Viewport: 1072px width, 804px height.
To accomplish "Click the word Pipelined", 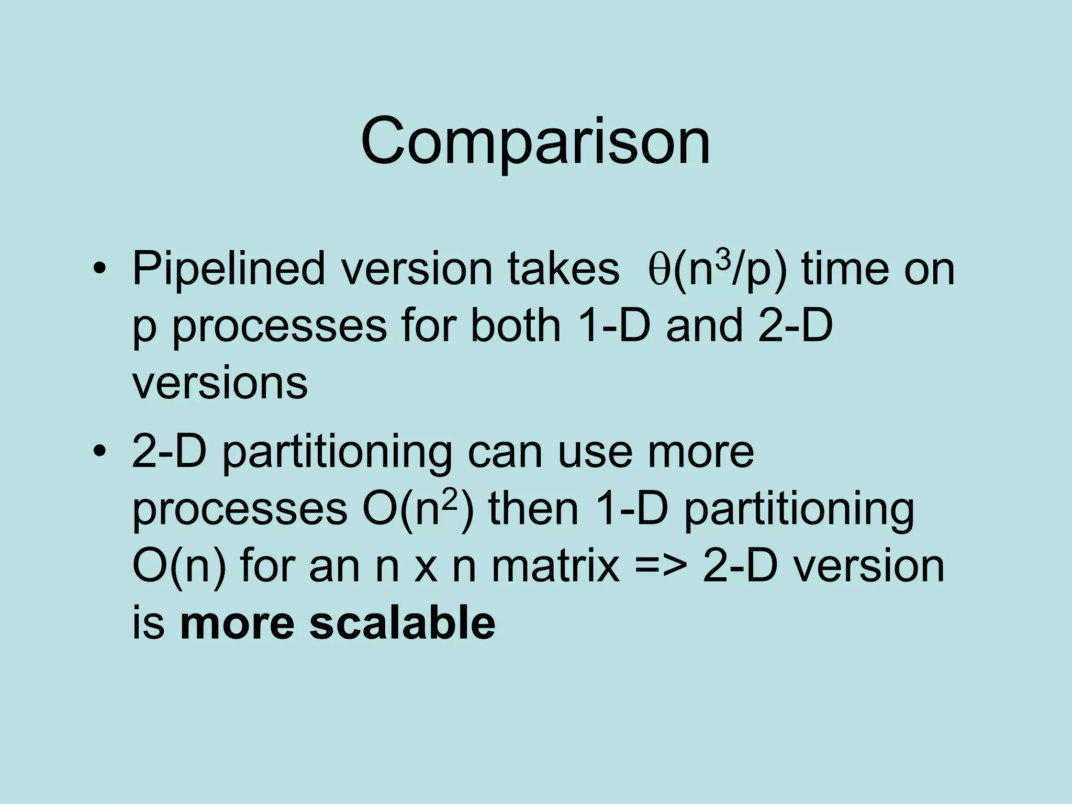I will [228, 270].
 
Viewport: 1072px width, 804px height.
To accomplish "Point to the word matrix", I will [555, 566].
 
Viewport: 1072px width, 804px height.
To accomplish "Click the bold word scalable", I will [402, 623].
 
